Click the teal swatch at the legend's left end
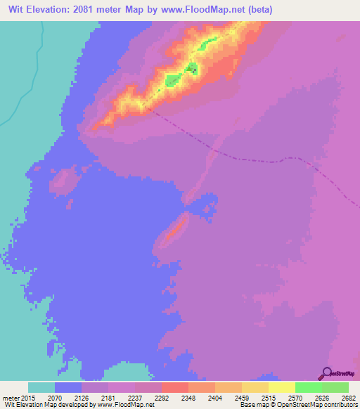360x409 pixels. point(41,387)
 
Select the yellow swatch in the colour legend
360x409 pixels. point(281,387)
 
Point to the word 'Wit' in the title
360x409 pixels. point(15,10)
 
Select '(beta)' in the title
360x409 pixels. point(259,10)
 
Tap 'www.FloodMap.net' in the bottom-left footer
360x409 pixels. point(127,405)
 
